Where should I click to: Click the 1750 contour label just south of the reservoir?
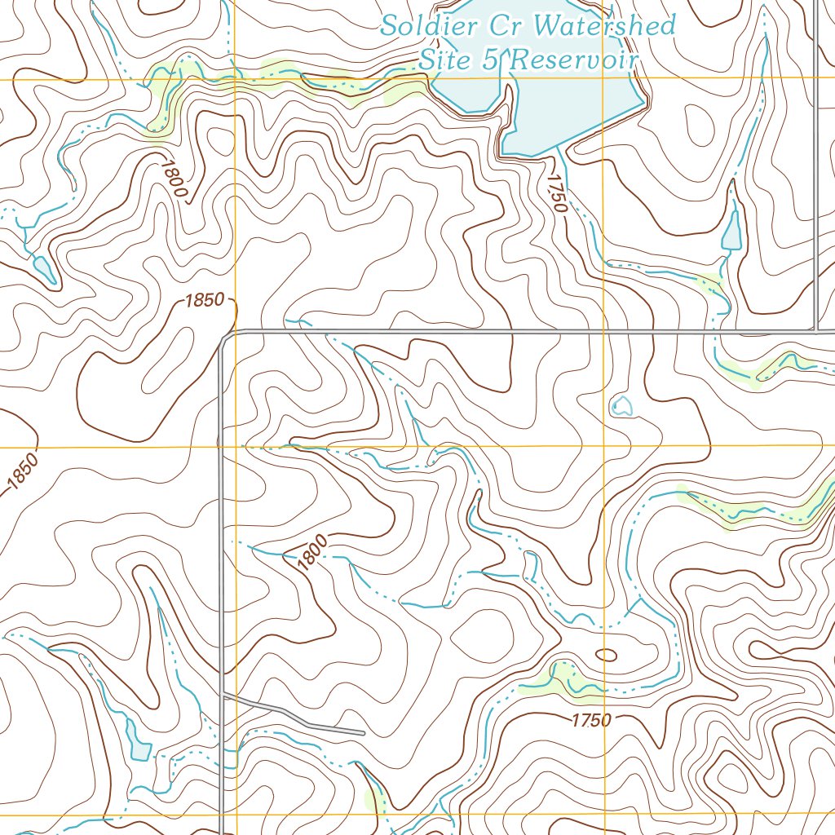(557, 193)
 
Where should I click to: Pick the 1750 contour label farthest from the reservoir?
(590, 720)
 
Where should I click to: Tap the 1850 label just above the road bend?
(204, 300)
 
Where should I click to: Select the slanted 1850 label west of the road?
(22, 473)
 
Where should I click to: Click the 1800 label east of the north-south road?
(312, 552)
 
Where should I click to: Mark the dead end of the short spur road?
(363, 734)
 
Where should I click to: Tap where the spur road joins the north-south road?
(222, 696)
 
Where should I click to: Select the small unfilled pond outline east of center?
(621, 405)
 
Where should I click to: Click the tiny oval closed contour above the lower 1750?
(607, 654)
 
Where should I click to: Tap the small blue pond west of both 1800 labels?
(43, 269)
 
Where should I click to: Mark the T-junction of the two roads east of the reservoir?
(816, 331)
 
